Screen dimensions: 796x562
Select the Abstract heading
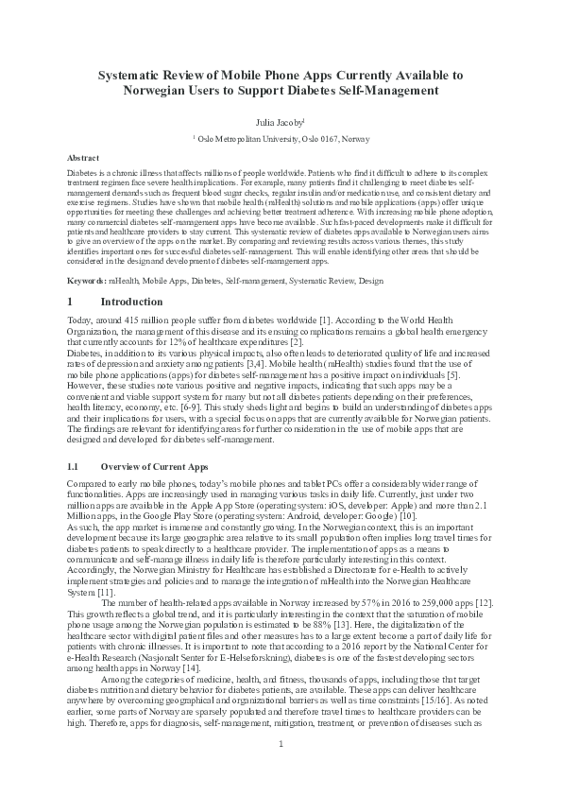pyautogui.click(x=83, y=157)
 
